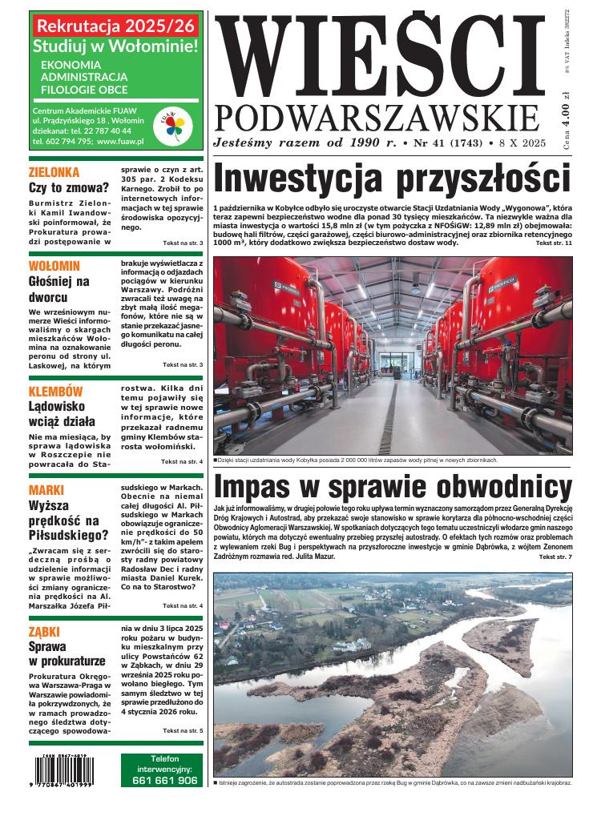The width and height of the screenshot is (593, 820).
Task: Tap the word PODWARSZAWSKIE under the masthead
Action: pos(377,117)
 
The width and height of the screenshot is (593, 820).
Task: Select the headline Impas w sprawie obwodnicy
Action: pos(393,488)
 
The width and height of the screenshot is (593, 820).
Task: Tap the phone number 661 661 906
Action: pos(163,779)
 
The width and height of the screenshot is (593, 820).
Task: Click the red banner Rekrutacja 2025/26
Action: pos(115,26)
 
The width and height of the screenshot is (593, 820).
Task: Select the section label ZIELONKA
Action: pos(54,172)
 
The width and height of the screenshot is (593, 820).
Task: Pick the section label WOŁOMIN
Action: pos(54,266)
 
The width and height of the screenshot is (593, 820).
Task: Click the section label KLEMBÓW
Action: pos(55,392)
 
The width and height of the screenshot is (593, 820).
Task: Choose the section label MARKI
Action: pos(46,490)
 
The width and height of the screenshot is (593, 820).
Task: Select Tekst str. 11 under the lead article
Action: pos(554,243)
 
